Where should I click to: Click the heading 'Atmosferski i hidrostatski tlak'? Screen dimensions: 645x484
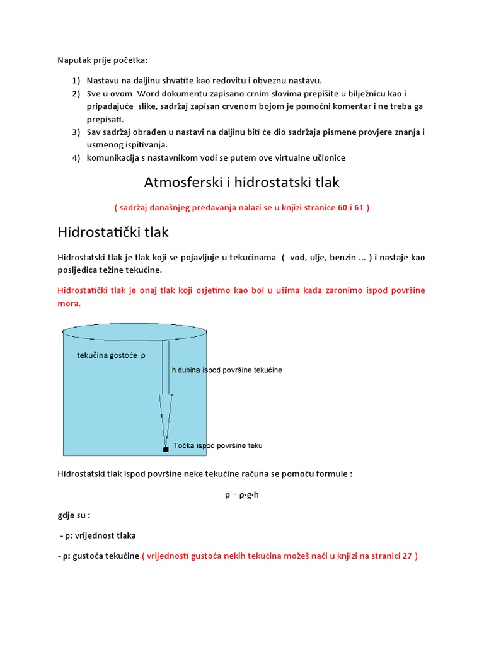click(241, 183)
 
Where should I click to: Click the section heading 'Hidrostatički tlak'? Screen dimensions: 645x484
click(113, 232)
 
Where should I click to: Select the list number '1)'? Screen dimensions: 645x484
click(76, 81)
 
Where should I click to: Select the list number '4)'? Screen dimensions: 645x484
click(76, 157)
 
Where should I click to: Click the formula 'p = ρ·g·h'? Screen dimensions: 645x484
click(242, 494)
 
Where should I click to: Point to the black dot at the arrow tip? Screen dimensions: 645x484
click(166, 449)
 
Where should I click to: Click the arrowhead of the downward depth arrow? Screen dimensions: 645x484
click(166, 416)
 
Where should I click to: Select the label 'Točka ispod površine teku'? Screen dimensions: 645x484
click(217, 445)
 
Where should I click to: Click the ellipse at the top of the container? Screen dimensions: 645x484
click(135, 332)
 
